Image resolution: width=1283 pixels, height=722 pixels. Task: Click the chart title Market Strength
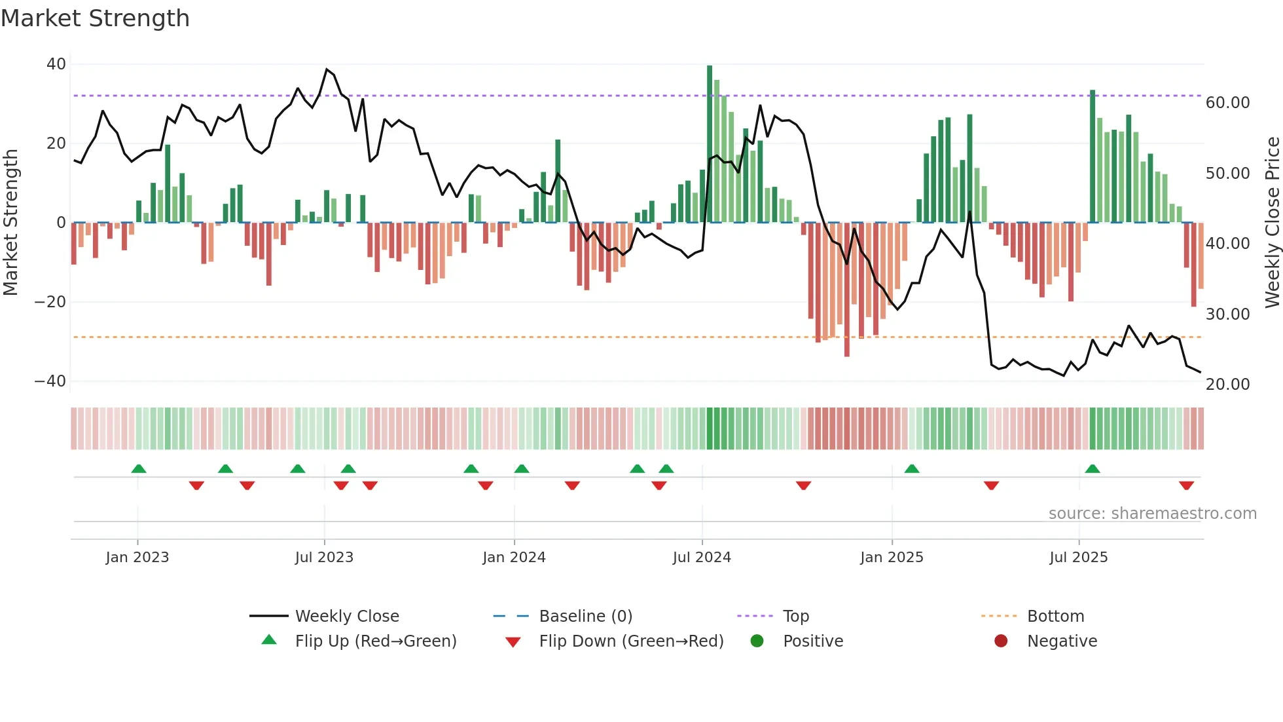[95, 18]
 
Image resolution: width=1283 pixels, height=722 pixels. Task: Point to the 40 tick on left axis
[56, 64]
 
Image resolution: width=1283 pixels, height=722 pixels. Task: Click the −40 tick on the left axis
[50, 381]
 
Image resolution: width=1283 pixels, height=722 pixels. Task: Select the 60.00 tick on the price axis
[1227, 103]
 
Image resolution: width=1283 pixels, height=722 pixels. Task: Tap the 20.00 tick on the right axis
[1227, 385]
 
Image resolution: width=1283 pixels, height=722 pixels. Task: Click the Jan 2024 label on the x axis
[514, 558]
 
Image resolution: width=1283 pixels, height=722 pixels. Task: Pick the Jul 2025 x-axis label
[1078, 558]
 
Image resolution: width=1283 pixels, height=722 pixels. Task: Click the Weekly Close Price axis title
[1272, 223]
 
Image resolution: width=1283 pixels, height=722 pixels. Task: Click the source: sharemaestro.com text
[1152, 514]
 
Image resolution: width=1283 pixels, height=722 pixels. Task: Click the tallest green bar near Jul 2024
[710, 144]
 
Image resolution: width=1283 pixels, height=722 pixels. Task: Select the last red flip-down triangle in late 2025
[1186, 485]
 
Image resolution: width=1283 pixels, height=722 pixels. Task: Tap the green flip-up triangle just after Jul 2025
[1092, 468]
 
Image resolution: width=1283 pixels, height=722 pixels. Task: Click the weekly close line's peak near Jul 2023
[327, 69]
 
